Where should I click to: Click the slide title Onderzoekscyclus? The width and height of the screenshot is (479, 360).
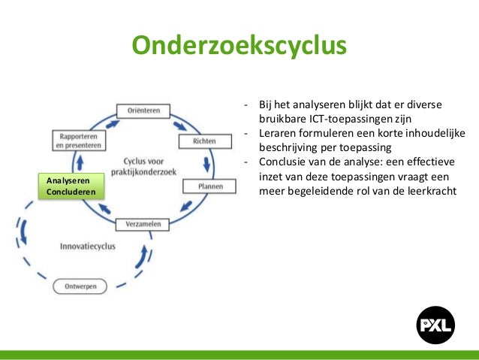[x=239, y=45]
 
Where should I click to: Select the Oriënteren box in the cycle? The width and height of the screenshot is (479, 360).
[x=143, y=110]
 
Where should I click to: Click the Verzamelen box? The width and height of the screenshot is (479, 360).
[x=143, y=224]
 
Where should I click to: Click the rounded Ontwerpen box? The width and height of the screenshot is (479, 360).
[x=80, y=286]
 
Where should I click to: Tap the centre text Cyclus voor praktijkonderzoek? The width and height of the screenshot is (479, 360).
[x=143, y=168]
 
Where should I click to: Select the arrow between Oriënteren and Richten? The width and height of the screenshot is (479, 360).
[x=180, y=122]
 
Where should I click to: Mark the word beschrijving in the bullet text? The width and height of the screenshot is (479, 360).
[x=288, y=147]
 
